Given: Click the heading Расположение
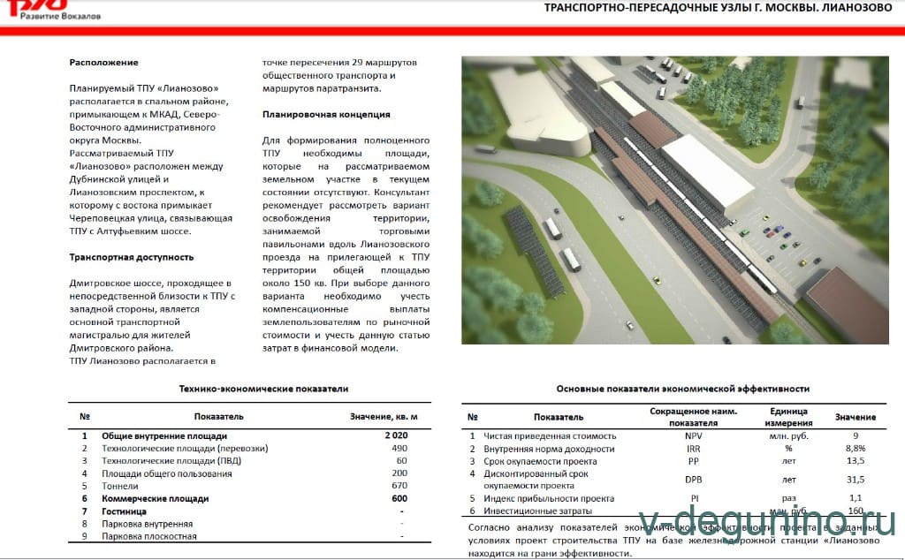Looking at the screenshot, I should coord(103,63).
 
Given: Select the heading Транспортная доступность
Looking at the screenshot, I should coord(132,257).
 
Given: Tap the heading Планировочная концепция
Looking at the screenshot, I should coord(326,114).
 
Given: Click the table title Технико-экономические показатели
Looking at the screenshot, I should coord(263,389).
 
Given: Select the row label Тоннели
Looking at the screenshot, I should coord(120,486).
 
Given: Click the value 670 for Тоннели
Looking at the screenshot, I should coord(399,486).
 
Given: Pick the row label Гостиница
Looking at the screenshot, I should coord(125,511).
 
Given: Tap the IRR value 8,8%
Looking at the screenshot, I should coord(856,449).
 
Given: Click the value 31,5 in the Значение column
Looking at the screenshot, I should coord(856,480).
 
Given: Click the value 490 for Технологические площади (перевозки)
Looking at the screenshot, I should coord(399,449).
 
